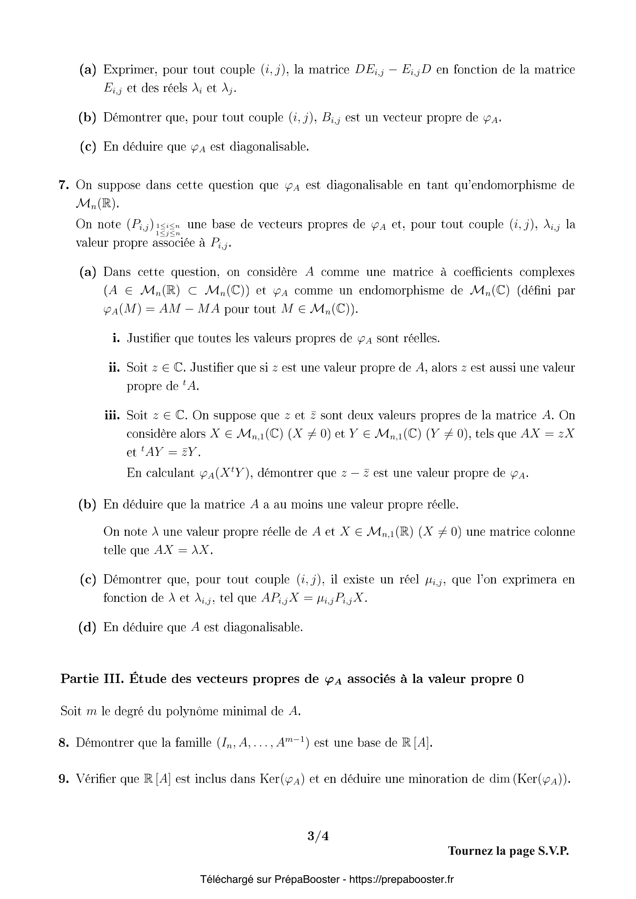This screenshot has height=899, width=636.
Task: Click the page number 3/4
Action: click(x=318, y=836)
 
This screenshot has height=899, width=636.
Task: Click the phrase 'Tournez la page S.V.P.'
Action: click(x=508, y=851)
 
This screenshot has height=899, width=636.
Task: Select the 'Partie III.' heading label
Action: click(x=92, y=679)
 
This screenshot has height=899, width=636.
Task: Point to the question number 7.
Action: click(x=63, y=185)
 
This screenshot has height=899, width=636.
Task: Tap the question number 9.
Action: click(x=63, y=779)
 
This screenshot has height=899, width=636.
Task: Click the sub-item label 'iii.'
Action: click(x=112, y=415)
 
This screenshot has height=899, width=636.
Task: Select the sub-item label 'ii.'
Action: click(x=114, y=368)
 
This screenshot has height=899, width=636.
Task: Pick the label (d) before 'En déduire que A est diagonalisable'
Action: click(x=87, y=627)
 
